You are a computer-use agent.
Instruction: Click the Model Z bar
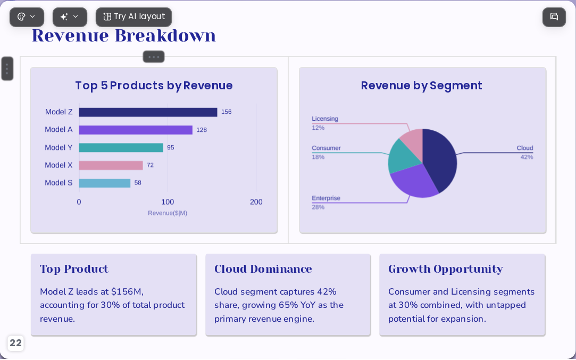(148, 112)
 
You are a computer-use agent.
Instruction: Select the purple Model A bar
(136, 130)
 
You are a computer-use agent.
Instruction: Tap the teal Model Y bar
(121, 148)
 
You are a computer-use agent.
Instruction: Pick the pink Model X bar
(111, 165)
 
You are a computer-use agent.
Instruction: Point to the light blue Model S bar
(105, 183)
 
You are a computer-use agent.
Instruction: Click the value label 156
(226, 112)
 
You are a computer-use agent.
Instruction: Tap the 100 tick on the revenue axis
(168, 202)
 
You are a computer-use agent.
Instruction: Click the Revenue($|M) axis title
(168, 213)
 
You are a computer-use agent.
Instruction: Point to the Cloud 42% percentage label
(527, 157)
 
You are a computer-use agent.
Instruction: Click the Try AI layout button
(133, 17)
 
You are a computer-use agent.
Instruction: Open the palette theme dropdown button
(27, 17)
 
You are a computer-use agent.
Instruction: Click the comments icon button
(554, 17)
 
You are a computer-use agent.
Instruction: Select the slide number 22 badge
(15, 343)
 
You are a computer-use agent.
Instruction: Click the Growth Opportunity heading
(445, 269)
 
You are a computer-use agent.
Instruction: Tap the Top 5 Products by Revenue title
(154, 86)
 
